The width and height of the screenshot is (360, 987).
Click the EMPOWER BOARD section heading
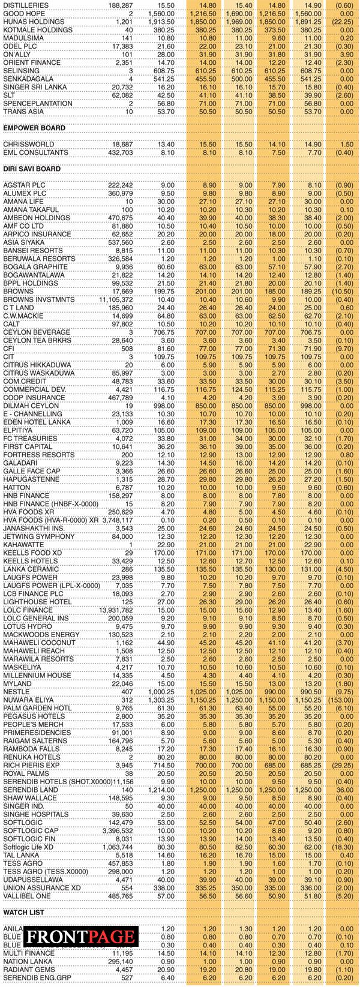pyautogui.click(x=34, y=128)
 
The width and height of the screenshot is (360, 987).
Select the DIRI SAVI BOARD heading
pyautogui.click(x=32, y=169)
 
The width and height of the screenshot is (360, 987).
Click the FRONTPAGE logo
pyautogui.click(x=80, y=937)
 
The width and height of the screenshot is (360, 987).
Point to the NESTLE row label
pyautogui.click(x=16, y=692)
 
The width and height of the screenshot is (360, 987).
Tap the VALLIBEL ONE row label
pyautogui.click(x=28, y=896)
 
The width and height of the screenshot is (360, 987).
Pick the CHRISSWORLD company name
pyautogui.click(x=29, y=144)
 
